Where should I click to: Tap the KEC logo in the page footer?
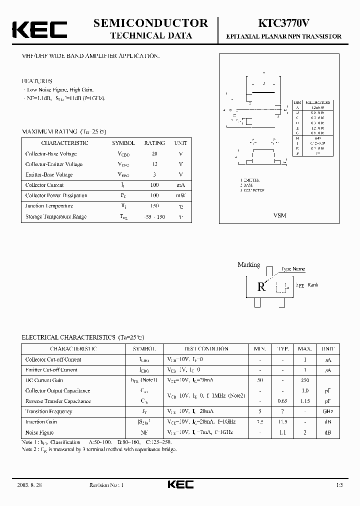coord(180,485)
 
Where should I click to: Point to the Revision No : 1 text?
coord(106,485)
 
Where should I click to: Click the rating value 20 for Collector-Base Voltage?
coord(154,153)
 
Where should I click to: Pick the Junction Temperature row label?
coord(49,206)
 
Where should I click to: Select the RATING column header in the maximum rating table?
coord(154,143)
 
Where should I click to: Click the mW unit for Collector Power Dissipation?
coord(180,195)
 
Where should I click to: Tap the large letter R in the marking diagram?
coord(261,287)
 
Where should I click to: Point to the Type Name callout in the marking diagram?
coord(293,269)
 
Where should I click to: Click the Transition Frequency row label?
coord(48,411)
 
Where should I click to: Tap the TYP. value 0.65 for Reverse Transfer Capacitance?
coord(282,401)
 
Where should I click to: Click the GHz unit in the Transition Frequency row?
coord(328,411)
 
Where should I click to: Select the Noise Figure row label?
coord(39,432)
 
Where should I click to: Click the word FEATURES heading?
coord(37,80)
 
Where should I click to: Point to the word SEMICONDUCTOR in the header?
coord(150,23)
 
